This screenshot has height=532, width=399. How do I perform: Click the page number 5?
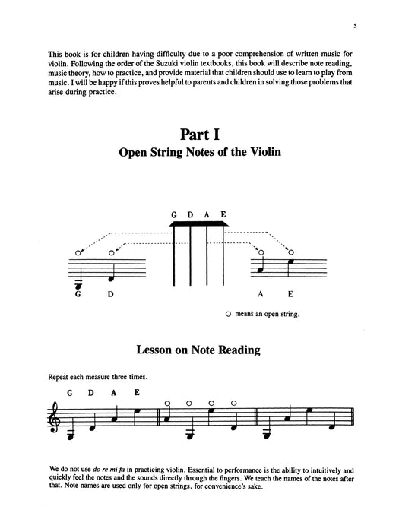tap(355, 27)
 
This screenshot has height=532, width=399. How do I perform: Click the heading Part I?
tap(199, 136)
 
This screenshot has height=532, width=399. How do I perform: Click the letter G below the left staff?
tap(78, 294)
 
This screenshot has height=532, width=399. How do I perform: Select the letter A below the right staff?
tap(261, 294)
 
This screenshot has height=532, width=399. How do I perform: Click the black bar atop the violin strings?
tap(199, 225)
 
